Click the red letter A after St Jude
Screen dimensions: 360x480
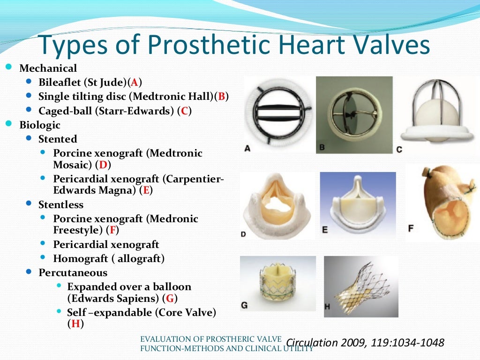click(x=134, y=83)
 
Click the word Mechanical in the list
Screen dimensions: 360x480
click(x=48, y=69)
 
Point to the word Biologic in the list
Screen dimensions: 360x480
click(x=40, y=125)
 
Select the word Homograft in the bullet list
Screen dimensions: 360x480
click(x=74, y=259)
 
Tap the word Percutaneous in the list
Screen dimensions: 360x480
click(x=73, y=273)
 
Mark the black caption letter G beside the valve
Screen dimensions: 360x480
click(x=244, y=305)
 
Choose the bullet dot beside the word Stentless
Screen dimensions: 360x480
click(x=29, y=204)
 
